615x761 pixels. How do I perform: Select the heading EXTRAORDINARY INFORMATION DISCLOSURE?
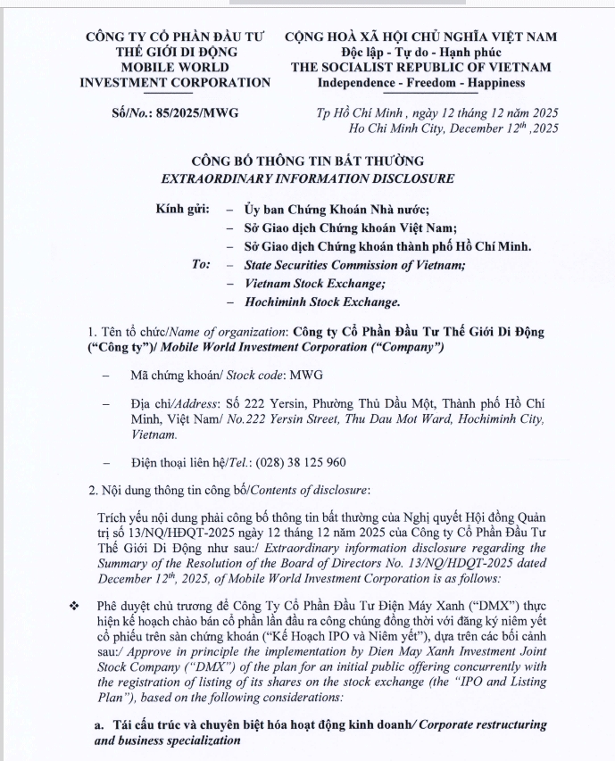(307, 178)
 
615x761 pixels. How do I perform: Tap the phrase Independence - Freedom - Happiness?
(421, 83)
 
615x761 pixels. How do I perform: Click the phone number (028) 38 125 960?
(295, 463)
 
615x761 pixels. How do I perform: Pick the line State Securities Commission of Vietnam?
(354, 265)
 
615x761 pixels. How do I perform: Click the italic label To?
(202, 265)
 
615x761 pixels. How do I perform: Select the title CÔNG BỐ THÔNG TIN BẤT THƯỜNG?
(307, 161)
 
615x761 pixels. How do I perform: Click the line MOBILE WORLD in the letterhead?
(175, 67)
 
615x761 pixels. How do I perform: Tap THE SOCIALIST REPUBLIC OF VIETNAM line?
(420, 67)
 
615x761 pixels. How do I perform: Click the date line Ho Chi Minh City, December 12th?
(453, 129)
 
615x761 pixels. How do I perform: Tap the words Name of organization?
(226, 331)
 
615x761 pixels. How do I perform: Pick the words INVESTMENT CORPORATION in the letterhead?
(175, 83)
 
